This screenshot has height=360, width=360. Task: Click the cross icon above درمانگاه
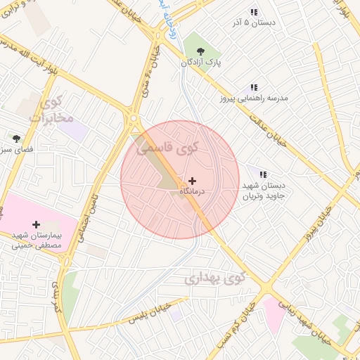point(193,181)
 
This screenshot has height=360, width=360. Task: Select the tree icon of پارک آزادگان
point(201,50)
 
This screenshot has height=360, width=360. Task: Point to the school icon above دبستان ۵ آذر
point(254,12)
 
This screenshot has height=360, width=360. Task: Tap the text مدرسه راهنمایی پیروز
point(254,98)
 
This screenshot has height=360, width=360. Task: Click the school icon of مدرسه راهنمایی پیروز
point(254,87)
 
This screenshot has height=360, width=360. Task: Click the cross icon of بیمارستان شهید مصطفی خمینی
point(37,224)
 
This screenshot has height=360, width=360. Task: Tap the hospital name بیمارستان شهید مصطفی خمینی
point(37,240)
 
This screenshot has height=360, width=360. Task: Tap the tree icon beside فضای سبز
point(15,138)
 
